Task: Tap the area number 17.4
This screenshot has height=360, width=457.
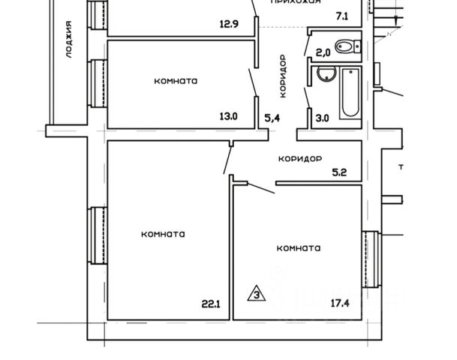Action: (x=340, y=304)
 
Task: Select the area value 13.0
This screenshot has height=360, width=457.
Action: (x=228, y=116)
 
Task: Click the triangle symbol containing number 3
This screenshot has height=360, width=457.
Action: (x=257, y=292)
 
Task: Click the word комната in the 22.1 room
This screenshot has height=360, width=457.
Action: (x=163, y=234)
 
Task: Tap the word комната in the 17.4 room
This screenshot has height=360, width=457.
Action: (x=299, y=248)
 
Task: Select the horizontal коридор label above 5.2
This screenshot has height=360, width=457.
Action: (x=299, y=159)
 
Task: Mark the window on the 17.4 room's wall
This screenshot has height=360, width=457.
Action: (x=368, y=259)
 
